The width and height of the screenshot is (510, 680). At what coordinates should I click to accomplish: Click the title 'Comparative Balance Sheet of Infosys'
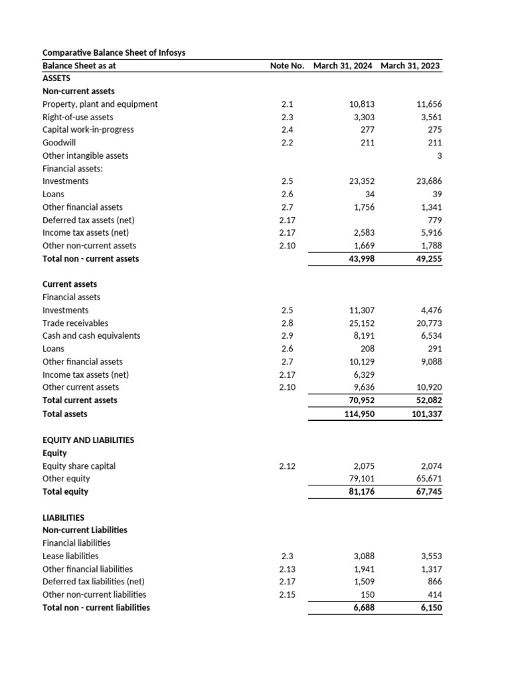pos(114,52)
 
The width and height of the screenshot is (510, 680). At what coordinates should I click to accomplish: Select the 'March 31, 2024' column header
pos(343,66)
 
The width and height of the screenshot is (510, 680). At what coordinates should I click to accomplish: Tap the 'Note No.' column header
pos(287,66)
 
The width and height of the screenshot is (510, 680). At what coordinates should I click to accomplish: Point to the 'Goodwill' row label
pos(59,143)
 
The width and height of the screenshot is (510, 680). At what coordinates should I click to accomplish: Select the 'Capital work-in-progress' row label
pos(88,129)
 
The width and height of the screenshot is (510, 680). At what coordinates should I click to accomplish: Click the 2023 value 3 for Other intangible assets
pos(439,155)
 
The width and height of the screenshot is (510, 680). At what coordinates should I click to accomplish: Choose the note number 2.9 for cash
pos(287,336)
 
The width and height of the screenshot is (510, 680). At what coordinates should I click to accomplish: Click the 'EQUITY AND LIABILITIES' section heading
pos(88,440)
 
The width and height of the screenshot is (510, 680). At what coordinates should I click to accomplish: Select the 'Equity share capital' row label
pos(78,466)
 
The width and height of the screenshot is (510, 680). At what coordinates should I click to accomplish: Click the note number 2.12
pos(287,466)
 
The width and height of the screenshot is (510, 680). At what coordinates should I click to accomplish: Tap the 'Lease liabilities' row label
pos(70,556)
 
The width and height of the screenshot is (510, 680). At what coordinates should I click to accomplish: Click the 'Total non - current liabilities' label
pos(96,608)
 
